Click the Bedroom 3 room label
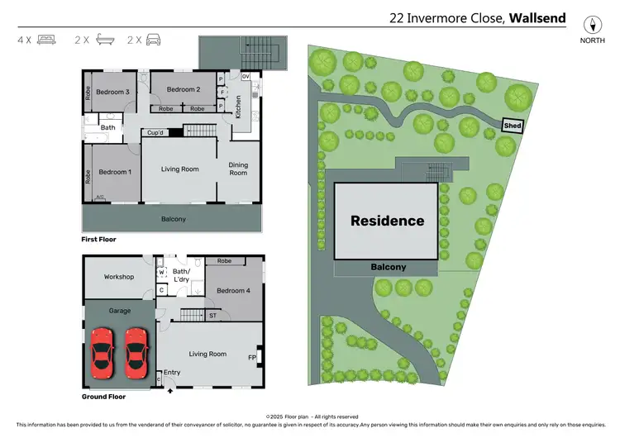click(110, 92)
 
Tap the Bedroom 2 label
click(184, 89)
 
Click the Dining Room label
click(238, 169)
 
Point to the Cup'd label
click(155, 132)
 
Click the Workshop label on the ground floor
click(119, 277)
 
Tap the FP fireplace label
click(251, 358)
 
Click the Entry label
click(172, 373)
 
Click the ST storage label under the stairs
click(212, 315)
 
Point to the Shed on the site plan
click(513, 125)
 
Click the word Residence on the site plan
click(387, 221)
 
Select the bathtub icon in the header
click(103, 39)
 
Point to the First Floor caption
click(98, 239)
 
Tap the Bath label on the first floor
click(107, 127)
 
